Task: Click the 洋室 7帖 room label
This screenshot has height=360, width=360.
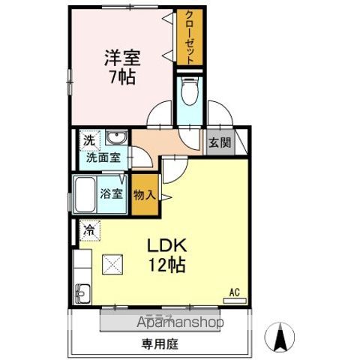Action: point(121,66)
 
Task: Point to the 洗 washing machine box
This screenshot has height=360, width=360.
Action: point(88,139)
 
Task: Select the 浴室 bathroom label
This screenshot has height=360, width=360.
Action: point(112,192)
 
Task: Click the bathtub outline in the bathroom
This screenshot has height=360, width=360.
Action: point(84,196)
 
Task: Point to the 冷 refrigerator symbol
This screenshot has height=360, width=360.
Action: point(88,229)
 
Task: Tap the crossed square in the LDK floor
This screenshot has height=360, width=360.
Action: point(115,262)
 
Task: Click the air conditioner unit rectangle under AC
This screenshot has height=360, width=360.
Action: point(235,299)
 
